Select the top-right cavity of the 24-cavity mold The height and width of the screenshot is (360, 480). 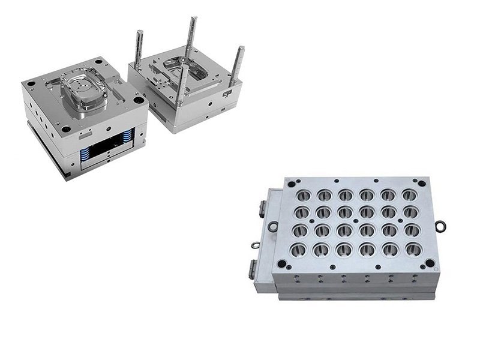pos(409,195)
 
